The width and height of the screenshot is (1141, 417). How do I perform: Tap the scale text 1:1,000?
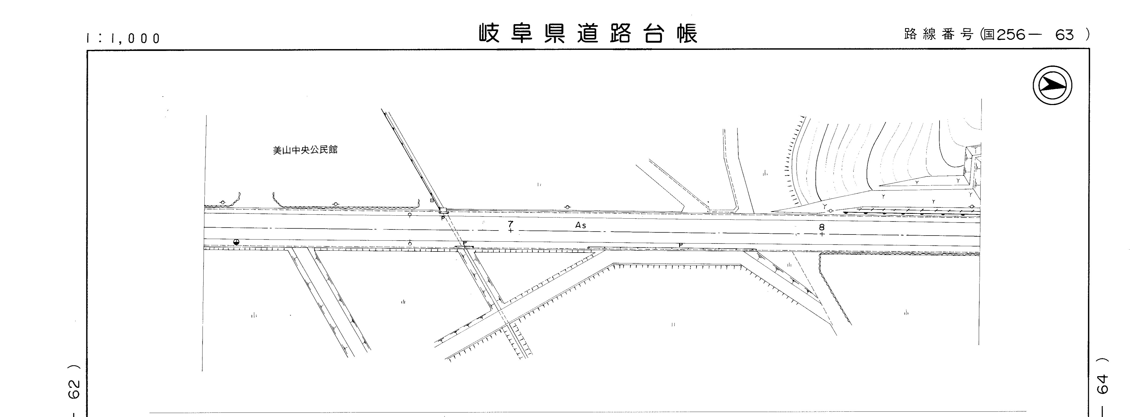(123, 38)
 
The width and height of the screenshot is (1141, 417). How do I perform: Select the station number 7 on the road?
(511, 224)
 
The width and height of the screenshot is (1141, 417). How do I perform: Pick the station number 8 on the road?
(822, 227)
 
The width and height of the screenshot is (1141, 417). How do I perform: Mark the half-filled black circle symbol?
(236, 242)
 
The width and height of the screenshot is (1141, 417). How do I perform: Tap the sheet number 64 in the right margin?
(1102, 384)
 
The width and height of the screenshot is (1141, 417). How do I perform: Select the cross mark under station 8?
(822, 234)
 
